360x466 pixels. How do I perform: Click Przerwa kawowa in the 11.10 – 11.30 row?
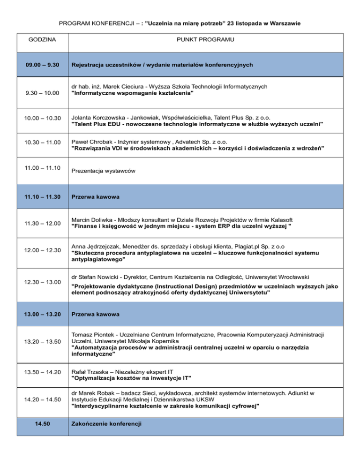point(95,197)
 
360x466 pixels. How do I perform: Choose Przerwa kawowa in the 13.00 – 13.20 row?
point(95,314)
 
